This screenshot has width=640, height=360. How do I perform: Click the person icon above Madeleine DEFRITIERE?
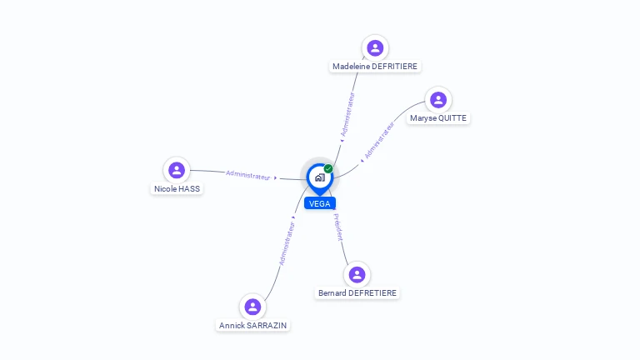(x=375, y=47)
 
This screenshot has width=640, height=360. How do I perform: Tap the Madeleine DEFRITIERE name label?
(x=375, y=66)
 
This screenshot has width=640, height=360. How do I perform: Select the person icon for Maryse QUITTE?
(x=438, y=100)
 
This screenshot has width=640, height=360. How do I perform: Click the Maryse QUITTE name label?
(x=438, y=118)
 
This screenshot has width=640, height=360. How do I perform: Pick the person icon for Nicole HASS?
(x=177, y=170)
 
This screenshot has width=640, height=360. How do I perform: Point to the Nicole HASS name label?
(x=177, y=188)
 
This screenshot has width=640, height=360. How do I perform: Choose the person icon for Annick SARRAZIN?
(x=252, y=307)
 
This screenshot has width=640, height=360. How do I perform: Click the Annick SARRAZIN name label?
(x=252, y=325)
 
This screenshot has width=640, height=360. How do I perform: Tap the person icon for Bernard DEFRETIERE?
(x=357, y=275)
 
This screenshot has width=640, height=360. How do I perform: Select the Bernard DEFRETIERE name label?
(x=357, y=293)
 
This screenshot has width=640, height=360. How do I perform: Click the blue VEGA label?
(x=320, y=203)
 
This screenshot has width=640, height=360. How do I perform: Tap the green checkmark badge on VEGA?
(x=328, y=168)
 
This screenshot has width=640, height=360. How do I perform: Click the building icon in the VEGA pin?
(x=320, y=177)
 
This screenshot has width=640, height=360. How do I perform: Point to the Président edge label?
(x=338, y=227)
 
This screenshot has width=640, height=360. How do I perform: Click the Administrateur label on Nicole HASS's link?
(x=248, y=175)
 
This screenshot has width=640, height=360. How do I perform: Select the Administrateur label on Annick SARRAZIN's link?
(x=287, y=243)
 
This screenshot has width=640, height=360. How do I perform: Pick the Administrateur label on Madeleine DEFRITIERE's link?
(x=347, y=114)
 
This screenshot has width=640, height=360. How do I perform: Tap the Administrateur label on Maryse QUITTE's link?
(x=379, y=140)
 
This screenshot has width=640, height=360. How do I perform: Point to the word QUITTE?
(x=452, y=118)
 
